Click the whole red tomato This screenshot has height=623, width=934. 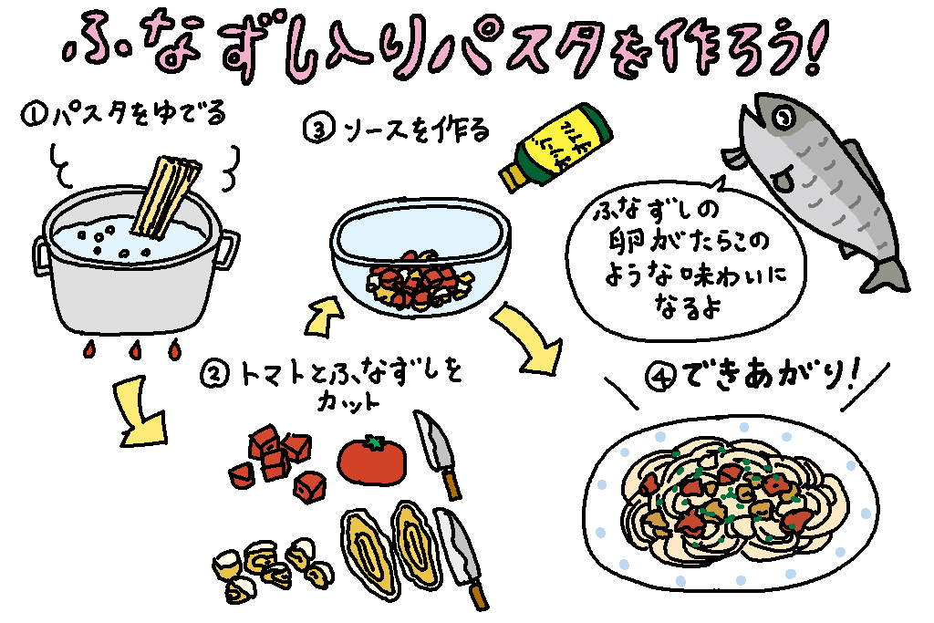[x=372, y=460]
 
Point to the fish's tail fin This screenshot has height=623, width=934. [x=886, y=269]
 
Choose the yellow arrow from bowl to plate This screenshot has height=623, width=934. [x=528, y=343]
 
